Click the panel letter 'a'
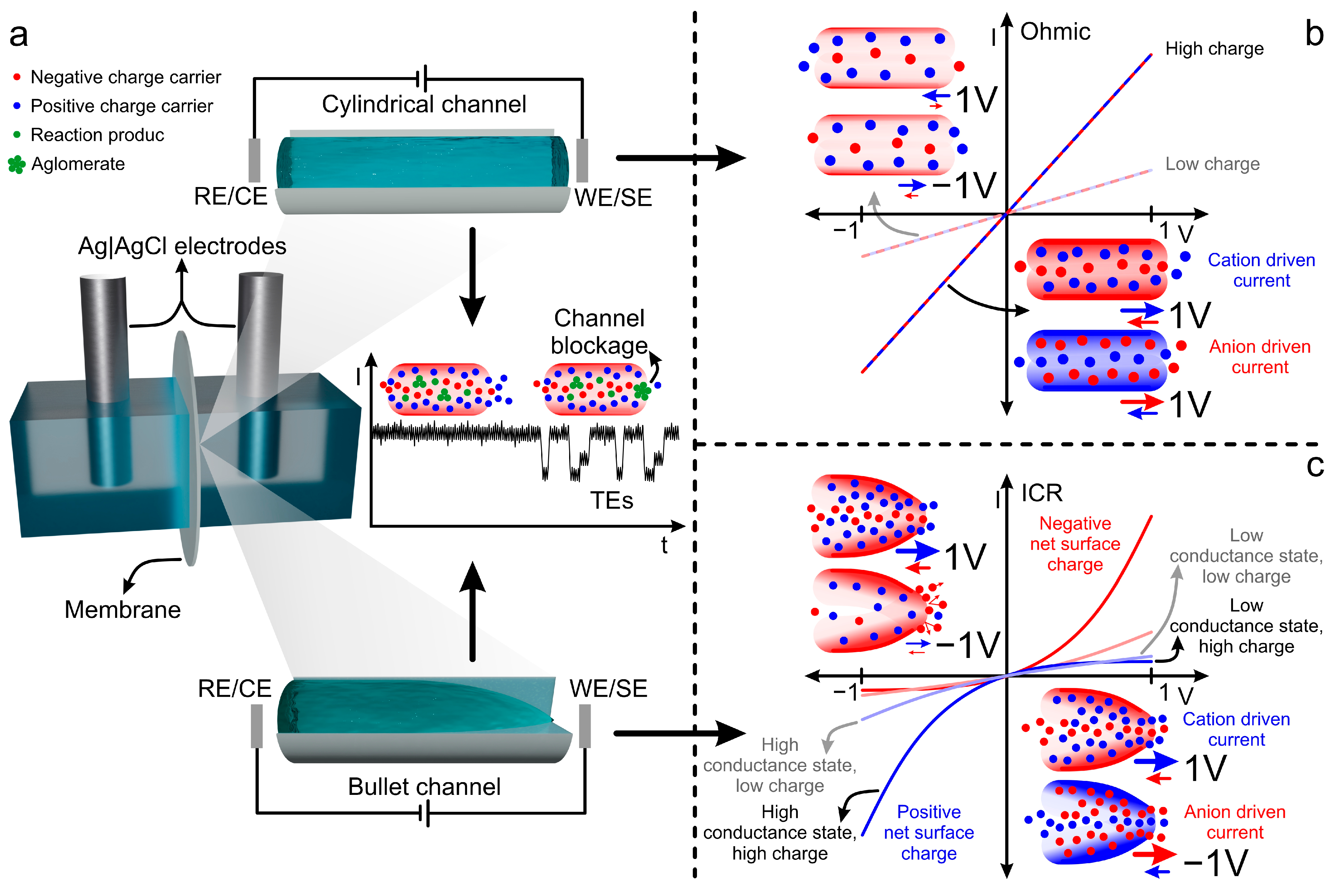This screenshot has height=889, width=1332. pos(19,35)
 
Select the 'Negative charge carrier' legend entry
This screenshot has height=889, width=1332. pos(125,77)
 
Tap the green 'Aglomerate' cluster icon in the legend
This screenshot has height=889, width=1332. pos(16,165)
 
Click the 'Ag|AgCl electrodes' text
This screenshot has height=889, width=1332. pos(182,246)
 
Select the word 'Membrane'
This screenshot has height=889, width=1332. pos(122,609)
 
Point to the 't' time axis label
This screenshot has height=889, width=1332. pos(664,545)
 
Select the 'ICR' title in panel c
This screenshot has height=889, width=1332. pos(1042,493)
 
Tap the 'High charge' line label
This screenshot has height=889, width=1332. pos(1214,49)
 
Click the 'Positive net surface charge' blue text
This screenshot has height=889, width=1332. pos(928,832)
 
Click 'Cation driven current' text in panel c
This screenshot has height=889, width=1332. pos(1236,729)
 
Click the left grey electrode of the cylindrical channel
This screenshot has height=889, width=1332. pos(254,160)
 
